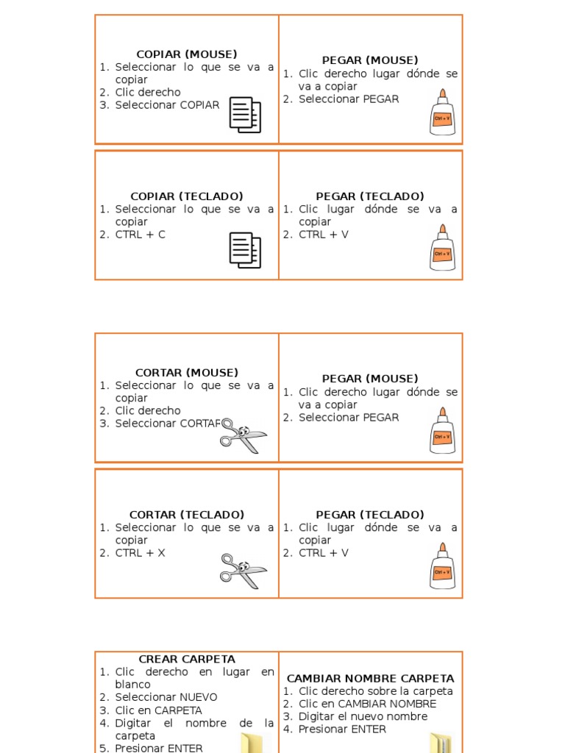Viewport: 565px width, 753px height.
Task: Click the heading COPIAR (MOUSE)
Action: coord(187,54)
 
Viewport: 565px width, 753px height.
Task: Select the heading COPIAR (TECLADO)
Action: coord(187,196)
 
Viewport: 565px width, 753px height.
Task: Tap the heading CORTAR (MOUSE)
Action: coord(187,373)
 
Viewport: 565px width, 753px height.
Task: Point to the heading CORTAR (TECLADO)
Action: coord(187,515)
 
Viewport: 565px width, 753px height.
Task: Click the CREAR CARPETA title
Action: coord(187,659)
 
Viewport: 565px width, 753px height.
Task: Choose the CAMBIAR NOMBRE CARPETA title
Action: coord(370,678)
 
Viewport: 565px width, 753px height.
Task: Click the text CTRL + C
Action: coord(140,235)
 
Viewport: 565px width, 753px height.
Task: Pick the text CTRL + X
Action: coord(140,553)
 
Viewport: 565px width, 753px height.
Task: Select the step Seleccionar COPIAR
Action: coord(167,105)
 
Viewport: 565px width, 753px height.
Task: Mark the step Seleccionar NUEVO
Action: coord(166,697)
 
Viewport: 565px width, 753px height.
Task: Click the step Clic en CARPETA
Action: coord(158,710)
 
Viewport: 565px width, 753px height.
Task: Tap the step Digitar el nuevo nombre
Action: coord(363,716)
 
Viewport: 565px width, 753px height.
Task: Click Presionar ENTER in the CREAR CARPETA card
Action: coord(158,748)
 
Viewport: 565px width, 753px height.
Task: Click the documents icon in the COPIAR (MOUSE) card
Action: coord(245,115)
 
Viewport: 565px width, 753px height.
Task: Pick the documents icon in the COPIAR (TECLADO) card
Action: coord(245,250)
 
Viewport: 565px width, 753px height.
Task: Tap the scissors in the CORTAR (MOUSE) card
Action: coord(243,435)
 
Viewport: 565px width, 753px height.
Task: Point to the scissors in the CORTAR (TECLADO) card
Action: coord(243,571)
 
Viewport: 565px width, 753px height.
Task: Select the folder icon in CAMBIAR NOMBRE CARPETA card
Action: coord(440,743)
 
